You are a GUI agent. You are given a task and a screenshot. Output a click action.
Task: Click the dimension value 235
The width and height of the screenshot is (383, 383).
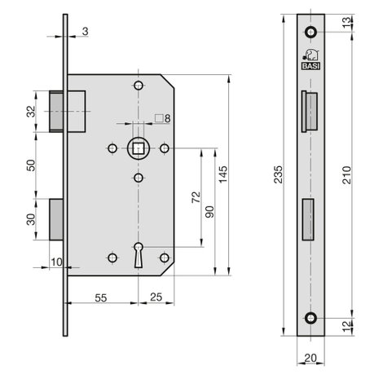click(278, 174)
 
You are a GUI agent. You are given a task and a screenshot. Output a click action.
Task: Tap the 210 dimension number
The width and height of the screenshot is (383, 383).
click(347, 175)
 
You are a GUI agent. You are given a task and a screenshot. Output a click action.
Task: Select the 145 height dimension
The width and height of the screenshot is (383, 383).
click(223, 174)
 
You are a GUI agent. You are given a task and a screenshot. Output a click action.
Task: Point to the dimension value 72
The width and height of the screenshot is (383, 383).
click(196, 197)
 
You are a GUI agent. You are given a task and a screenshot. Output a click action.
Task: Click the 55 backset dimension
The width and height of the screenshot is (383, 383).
click(101, 298)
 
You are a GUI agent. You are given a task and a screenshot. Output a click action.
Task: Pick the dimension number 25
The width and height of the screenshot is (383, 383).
click(156, 297)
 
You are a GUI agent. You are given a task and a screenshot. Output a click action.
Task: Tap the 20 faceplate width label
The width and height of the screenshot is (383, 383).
click(310, 359)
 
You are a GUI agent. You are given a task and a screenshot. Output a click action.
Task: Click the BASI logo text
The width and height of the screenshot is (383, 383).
click(310, 66)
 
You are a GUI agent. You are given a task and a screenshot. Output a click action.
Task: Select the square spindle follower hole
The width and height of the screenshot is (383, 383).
click(139, 148)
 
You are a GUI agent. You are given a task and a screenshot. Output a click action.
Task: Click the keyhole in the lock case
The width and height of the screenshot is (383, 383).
click(139, 255)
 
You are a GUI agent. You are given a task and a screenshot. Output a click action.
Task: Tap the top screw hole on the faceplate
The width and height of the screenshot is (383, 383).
click(310, 32)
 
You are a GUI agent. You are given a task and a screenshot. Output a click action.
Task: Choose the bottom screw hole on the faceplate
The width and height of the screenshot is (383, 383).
click(310, 318)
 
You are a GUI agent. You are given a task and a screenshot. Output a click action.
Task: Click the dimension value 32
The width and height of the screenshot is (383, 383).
click(32, 112)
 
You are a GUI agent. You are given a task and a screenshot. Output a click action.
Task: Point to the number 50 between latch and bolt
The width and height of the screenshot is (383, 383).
click(32, 165)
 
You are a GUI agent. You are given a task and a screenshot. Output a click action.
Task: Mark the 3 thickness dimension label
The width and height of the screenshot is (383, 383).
click(85, 32)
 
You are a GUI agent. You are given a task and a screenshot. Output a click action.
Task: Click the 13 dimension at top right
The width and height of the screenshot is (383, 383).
click(347, 22)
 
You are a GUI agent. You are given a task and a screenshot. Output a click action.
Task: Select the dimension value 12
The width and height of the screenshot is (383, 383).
click(347, 326)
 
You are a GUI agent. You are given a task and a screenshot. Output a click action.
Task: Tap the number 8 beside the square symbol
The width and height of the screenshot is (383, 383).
click(167, 118)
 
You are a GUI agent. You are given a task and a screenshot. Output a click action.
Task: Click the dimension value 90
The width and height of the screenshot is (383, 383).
click(209, 212)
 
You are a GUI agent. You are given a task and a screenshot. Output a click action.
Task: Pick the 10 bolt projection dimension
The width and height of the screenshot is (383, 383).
click(57, 262)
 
